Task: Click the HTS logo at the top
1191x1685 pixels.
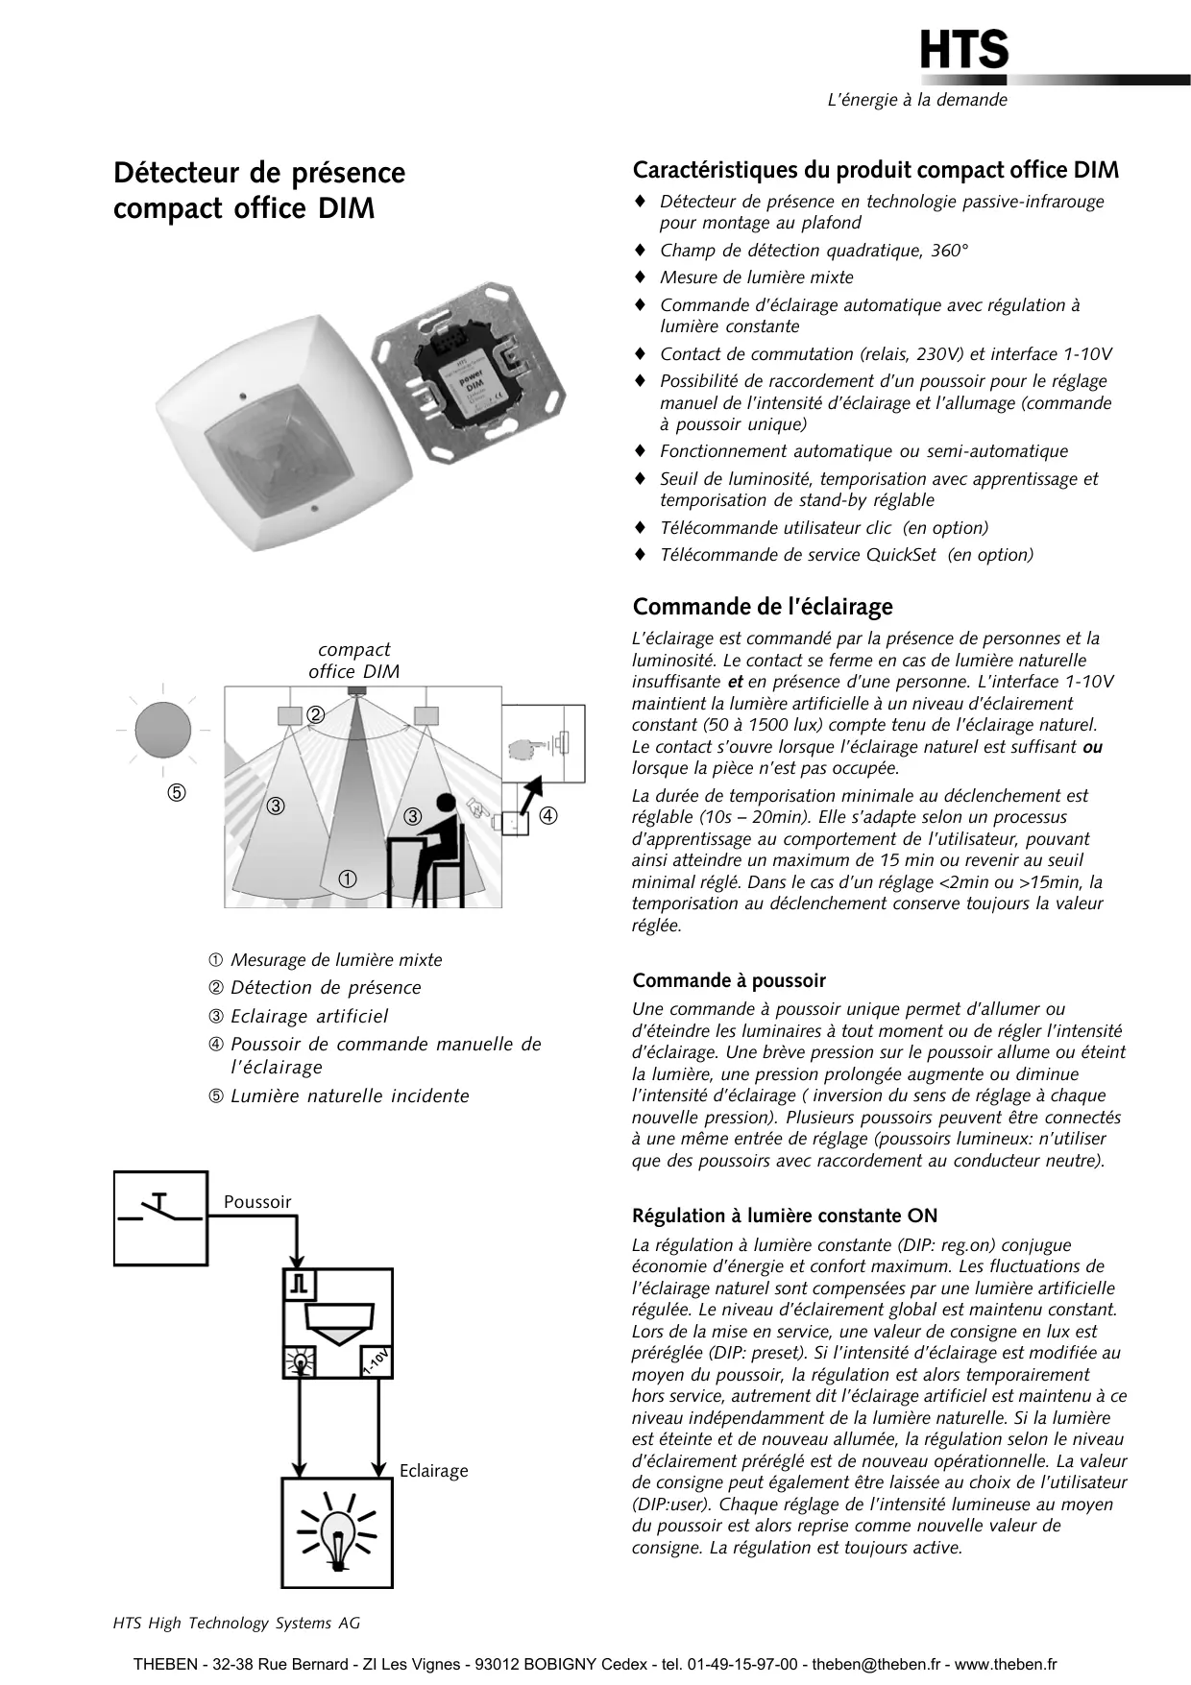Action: pyautogui.click(x=963, y=50)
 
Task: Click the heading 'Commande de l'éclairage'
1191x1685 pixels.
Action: pyautogui.click(x=763, y=607)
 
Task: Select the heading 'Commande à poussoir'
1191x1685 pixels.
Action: pyautogui.click(x=729, y=980)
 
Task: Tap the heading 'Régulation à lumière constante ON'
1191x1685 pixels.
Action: pyautogui.click(x=785, y=1216)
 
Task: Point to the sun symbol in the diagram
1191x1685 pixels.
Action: pyautogui.click(x=162, y=730)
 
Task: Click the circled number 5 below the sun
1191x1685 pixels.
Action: pyautogui.click(x=177, y=793)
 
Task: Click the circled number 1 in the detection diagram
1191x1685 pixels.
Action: pyautogui.click(x=348, y=879)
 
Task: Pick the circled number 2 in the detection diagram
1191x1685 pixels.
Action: pyautogui.click(x=316, y=714)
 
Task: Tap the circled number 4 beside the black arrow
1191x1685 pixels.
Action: pyautogui.click(x=547, y=816)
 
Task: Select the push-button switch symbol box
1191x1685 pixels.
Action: pyautogui.click(x=160, y=1217)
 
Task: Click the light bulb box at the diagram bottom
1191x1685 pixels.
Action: pyautogui.click(x=337, y=1532)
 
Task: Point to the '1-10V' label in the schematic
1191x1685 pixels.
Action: pyautogui.click(x=376, y=1361)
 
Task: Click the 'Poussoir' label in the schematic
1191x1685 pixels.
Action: pyautogui.click(x=257, y=1202)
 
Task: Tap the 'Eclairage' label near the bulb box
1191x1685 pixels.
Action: pyautogui.click(x=434, y=1471)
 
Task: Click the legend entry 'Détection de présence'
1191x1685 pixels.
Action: pyautogui.click(x=326, y=987)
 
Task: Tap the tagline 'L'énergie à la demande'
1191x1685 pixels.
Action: pyautogui.click(x=917, y=100)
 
